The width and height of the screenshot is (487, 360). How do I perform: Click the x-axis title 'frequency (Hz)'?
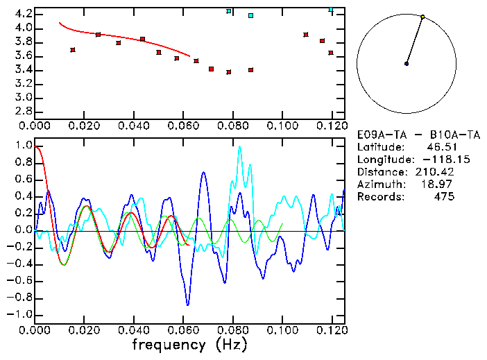189,345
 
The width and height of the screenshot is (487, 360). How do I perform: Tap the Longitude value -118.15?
434,160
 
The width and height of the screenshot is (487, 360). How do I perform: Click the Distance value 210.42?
437,172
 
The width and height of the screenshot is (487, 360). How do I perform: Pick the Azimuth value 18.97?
441,185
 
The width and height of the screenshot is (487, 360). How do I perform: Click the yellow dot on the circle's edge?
422,17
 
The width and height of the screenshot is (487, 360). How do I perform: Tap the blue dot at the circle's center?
407,64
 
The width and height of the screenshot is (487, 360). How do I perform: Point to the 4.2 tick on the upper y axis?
23,14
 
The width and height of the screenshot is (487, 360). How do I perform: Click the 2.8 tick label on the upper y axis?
23,111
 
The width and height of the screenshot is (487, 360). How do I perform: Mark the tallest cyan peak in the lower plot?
240,147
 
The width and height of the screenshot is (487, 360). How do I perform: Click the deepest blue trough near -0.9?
187,304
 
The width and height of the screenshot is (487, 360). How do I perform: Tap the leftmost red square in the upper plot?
73,50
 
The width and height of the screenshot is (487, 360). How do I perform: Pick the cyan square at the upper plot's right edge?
331,10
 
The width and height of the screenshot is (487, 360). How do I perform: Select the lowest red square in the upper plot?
229,72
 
